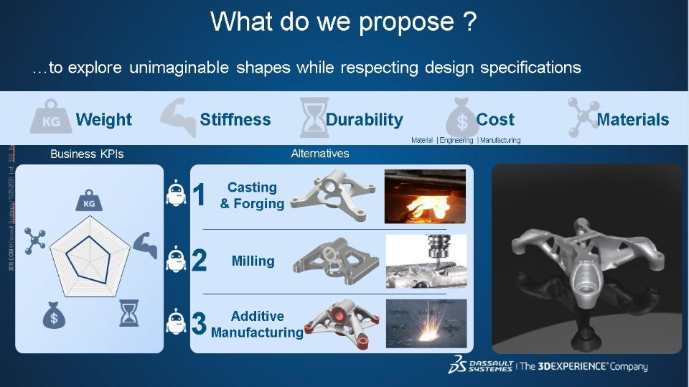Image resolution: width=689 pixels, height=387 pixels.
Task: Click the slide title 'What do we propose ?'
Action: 344,22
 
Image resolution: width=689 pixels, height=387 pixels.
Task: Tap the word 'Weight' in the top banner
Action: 103,120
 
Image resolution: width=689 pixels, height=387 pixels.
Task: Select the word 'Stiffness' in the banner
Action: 235,120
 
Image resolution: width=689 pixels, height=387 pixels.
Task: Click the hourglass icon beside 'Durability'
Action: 314,118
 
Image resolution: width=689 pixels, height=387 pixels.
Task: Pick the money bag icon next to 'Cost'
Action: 461,118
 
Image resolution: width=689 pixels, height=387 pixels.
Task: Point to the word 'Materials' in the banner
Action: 632,120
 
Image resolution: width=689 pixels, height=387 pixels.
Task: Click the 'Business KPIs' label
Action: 87,154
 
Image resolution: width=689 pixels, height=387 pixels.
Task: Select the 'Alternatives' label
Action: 320,154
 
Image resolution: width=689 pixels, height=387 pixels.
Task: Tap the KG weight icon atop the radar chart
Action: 89,201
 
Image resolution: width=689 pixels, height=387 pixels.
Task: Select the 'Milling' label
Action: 253,261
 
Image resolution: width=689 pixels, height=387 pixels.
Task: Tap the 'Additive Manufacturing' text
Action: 257,325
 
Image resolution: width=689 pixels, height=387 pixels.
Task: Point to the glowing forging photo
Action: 425,196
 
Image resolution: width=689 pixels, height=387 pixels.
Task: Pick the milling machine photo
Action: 426,261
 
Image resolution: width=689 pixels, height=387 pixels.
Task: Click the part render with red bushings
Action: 340,323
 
